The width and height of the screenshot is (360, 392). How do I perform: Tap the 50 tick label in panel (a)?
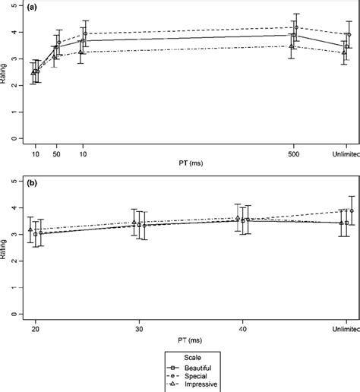click(x=56, y=153)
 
